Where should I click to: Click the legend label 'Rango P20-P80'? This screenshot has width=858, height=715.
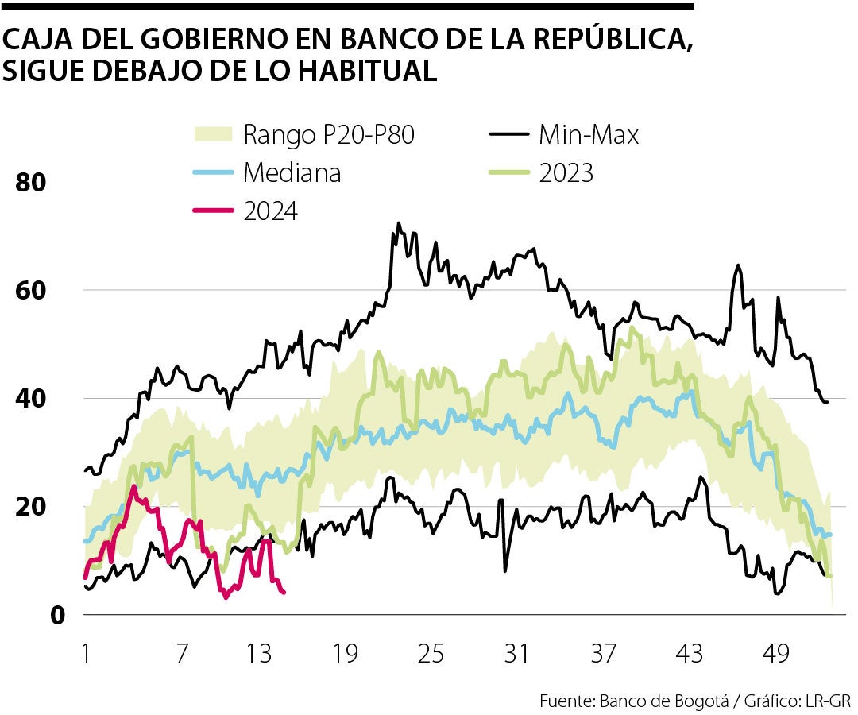329,134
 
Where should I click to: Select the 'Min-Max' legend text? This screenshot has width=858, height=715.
589,134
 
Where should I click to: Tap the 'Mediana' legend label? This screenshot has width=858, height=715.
292,172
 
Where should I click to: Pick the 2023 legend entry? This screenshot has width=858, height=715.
566,172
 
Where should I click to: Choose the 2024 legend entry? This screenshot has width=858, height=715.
270,211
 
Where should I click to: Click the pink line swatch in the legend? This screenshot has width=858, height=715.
214,211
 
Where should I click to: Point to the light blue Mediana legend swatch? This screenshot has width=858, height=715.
214,172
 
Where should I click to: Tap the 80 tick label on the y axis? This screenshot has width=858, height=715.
31,182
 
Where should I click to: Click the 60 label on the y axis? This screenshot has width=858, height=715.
31,290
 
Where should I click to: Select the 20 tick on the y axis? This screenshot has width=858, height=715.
31,506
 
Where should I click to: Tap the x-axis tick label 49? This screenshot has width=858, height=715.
775,655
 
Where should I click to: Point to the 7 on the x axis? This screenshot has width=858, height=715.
182,655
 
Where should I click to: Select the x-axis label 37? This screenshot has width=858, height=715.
603,655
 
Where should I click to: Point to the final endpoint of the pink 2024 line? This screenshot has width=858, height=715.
284,592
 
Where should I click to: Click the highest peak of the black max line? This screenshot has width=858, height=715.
399,223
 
